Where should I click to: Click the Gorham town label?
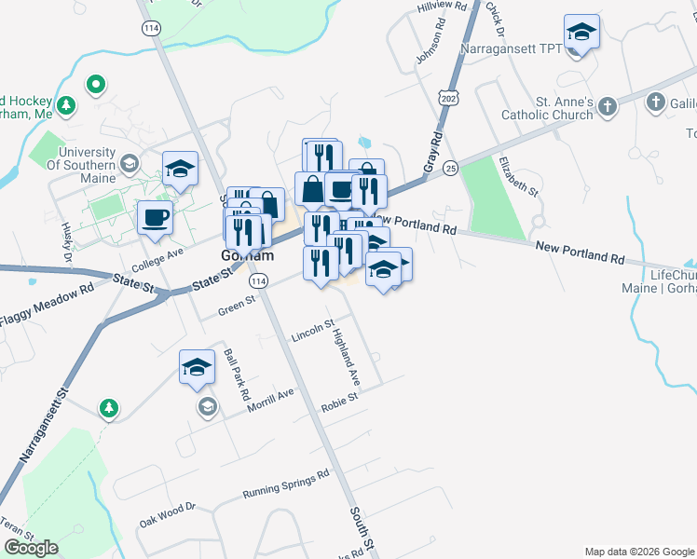click(x=247, y=255)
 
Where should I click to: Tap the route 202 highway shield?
click(x=449, y=98)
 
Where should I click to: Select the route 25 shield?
click(x=451, y=168)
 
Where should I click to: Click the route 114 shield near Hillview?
click(x=150, y=29)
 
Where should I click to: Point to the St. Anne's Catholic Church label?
click(x=550, y=107)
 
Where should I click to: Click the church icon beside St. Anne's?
click(x=608, y=105)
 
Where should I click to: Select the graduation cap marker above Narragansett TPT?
click(x=581, y=33)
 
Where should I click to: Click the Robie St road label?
click(x=339, y=402)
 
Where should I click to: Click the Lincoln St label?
click(x=312, y=331)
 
